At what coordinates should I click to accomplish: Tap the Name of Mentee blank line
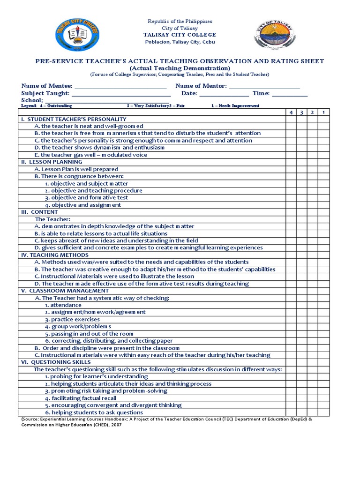pos(120,86)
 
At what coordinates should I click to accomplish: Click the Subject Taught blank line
pos(120,93)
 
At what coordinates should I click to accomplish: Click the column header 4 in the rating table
pos(291,112)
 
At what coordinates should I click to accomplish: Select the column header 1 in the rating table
pos(324,112)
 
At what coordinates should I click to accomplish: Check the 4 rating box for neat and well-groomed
pos(291,126)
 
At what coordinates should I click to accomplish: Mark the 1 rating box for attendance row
pos(324,305)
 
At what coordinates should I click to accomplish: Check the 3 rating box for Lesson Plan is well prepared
pos(302,169)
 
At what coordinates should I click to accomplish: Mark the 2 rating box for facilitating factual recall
pos(313,398)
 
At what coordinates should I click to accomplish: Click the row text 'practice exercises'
pos(72,319)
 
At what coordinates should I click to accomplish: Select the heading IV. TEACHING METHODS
pos(54,255)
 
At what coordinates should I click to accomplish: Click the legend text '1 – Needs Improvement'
pos(235,106)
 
